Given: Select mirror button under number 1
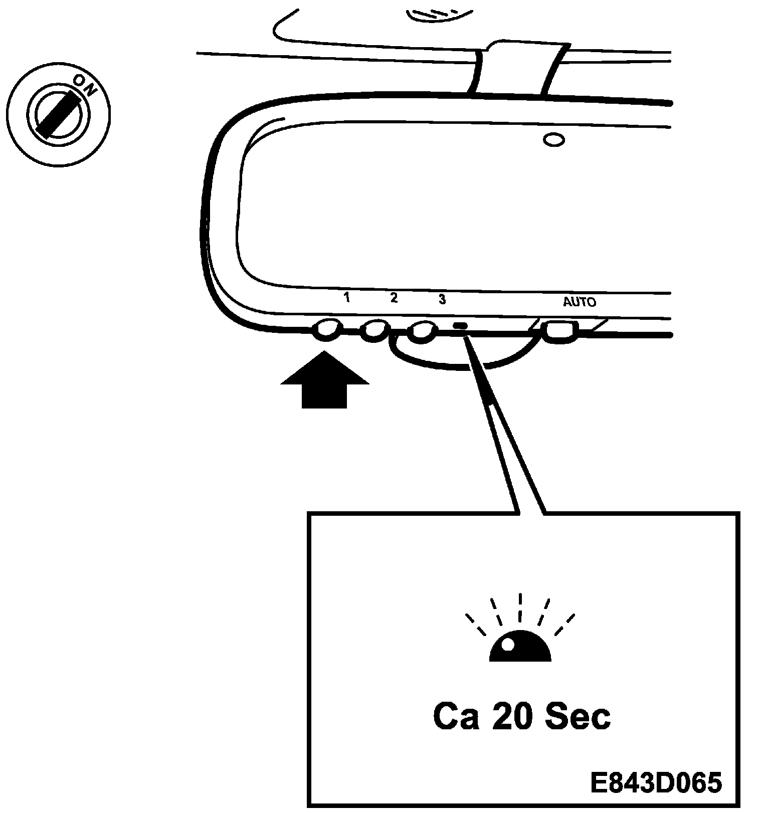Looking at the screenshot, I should coord(326,329).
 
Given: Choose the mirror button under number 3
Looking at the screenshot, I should coord(422,331).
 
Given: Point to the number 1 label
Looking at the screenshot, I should coord(346,298).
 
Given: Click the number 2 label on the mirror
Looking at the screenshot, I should coord(394,298).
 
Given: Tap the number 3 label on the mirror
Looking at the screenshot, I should coord(442,299).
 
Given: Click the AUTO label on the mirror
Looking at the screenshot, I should coord(580,302).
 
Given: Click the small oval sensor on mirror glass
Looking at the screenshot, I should coord(554,140).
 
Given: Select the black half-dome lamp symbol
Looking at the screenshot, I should coord(520,647).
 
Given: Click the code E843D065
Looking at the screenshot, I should coord(656,783).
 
